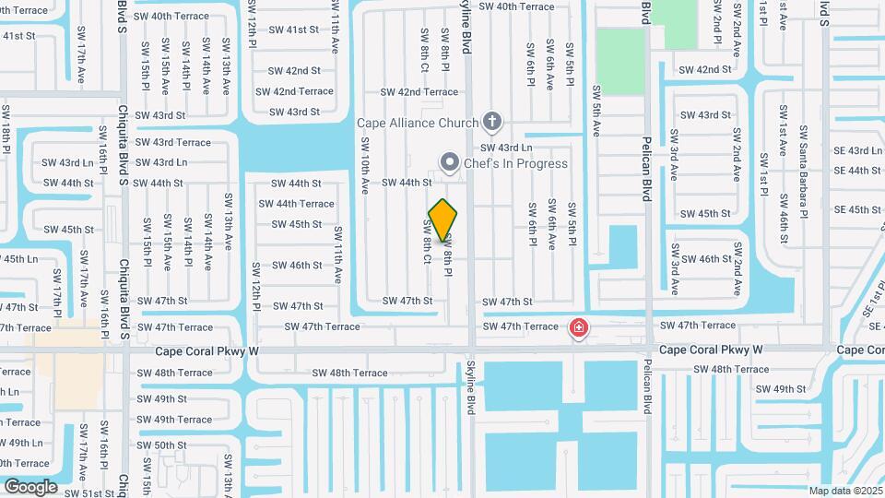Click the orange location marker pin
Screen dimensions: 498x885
(443, 220)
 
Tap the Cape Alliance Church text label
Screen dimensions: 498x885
(418, 123)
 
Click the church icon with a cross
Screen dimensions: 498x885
(492, 122)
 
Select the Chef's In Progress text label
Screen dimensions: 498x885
(515, 164)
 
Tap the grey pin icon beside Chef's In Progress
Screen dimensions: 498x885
(449, 163)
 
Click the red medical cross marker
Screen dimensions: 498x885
(578, 327)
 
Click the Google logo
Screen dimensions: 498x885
(30, 486)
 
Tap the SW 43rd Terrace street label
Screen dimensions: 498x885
(173, 142)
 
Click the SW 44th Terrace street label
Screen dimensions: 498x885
(296, 204)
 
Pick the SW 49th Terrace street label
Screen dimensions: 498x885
(174, 420)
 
